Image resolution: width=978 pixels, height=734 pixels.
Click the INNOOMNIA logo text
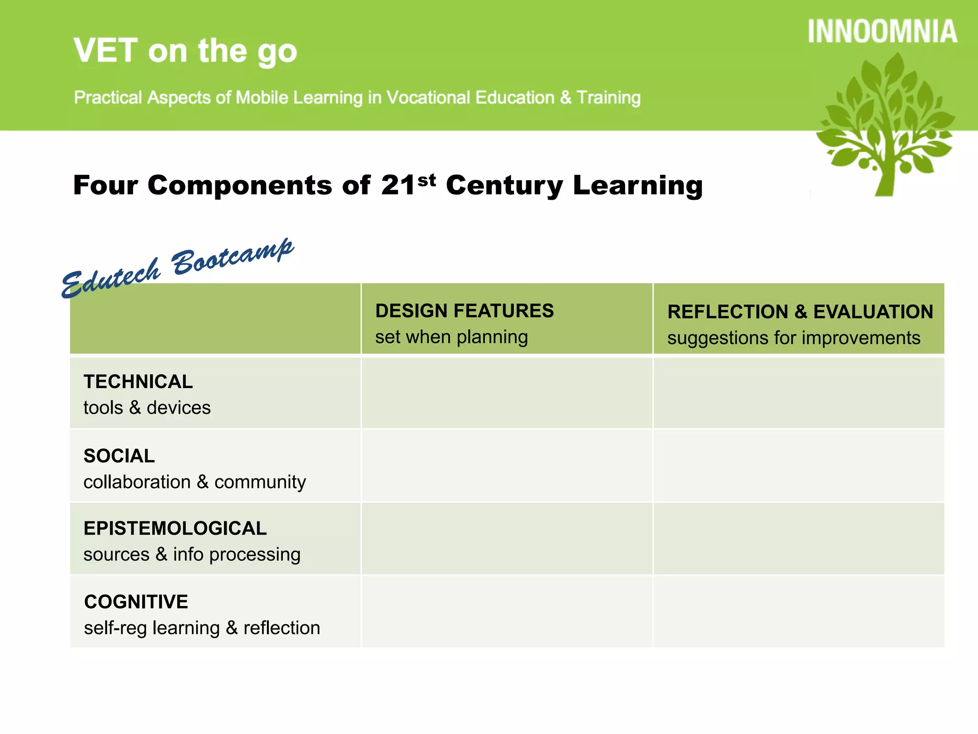click(x=882, y=32)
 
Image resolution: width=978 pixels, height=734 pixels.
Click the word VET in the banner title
click(x=106, y=51)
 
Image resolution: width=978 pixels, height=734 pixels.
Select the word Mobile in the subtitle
click(x=262, y=97)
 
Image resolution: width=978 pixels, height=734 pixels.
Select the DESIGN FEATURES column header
click(x=464, y=311)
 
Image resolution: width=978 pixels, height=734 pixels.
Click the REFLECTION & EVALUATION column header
click(x=800, y=312)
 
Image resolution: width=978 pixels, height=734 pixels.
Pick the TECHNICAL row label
click(x=138, y=382)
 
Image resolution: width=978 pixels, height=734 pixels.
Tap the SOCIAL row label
click(x=119, y=456)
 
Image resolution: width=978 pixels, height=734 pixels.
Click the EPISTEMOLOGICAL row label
click(x=175, y=529)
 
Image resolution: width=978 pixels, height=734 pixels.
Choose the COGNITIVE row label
click(x=136, y=602)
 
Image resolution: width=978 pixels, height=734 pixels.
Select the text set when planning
click(x=451, y=337)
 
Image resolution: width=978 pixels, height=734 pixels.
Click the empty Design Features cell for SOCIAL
click(x=507, y=466)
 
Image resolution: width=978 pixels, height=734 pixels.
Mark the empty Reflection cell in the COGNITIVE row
click(x=798, y=612)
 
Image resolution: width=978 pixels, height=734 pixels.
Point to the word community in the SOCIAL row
click(x=260, y=482)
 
